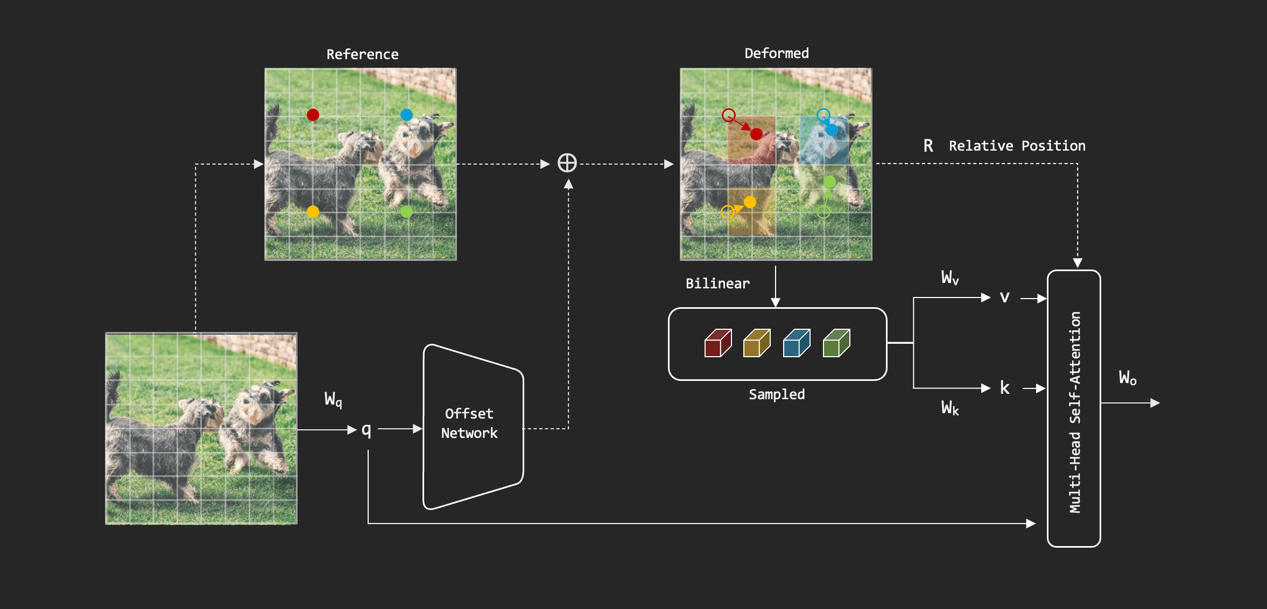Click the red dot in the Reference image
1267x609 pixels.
(x=313, y=115)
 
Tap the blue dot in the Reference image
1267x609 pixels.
(x=406, y=115)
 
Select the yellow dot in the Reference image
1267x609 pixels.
(x=313, y=211)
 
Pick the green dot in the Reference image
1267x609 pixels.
(x=406, y=211)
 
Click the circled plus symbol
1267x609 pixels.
(x=567, y=163)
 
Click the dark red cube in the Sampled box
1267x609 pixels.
(x=717, y=343)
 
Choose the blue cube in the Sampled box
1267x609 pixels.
(x=797, y=343)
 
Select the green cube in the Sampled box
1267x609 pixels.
(x=836, y=343)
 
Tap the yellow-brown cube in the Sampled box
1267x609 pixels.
(x=757, y=343)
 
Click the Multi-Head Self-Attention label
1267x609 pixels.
(x=1075, y=412)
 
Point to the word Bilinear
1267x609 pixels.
(x=717, y=284)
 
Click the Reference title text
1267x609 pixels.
(x=362, y=54)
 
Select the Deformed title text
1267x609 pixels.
(x=776, y=53)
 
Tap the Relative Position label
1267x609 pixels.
(x=1017, y=146)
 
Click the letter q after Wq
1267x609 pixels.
(x=367, y=430)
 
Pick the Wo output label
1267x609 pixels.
(x=1128, y=378)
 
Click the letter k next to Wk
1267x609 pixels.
(x=1004, y=388)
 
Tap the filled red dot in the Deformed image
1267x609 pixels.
(x=756, y=134)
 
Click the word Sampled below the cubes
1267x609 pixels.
(x=777, y=394)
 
